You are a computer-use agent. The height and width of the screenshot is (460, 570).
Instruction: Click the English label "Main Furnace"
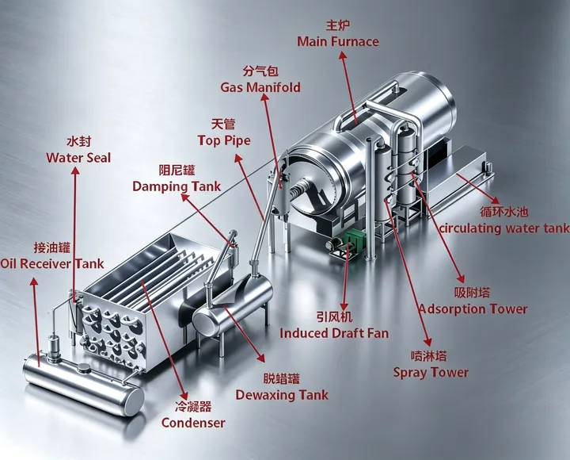click(338, 41)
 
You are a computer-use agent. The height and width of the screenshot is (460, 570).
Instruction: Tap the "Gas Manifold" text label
click(260, 87)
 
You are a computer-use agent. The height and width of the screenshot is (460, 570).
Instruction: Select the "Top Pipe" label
click(224, 140)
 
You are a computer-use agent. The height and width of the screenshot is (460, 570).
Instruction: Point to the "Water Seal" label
click(78, 158)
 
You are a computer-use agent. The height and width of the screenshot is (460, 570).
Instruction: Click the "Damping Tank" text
click(177, 186)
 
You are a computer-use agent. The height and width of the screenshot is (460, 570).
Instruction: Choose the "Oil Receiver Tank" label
click(52, 263)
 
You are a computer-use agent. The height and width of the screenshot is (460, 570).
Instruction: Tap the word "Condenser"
click(193, 423)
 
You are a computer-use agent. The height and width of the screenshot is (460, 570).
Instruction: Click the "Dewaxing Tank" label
click(282, 395)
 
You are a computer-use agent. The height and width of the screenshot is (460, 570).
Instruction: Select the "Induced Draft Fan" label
click(334, 333)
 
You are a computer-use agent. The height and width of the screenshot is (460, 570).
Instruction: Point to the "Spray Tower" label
click(431, 372)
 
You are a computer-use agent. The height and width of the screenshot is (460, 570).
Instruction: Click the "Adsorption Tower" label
click(473, 309)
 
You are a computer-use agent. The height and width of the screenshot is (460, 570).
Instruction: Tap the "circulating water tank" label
click(504, 228)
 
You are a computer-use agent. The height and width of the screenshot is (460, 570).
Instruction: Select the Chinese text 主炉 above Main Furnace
click(338, 25)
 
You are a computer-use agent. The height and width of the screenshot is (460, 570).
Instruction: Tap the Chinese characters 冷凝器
click(193, 406)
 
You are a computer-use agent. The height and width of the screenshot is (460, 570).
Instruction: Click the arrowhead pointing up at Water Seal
click(76, 171)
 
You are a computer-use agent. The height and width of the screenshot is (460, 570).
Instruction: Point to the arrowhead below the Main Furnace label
click(342, 55)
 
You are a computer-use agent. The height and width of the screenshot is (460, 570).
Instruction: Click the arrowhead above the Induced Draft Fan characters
click(344, 306)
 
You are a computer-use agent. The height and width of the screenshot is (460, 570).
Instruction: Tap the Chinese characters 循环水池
click(503, 212)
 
